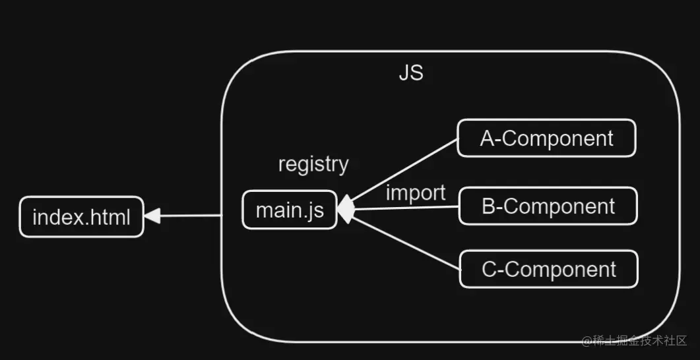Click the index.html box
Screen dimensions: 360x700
(81, 217)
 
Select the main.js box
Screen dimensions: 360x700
(290, 210)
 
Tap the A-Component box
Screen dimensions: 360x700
(546, 138)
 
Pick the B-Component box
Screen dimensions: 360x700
(548, 206)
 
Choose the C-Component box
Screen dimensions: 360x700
(548, 269)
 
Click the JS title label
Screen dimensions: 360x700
(411, 73)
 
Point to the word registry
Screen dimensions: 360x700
(313, 164)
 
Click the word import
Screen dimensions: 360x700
(416, 193)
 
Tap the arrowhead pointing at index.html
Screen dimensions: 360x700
(152, 216)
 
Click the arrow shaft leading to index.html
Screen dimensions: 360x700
(191, 215)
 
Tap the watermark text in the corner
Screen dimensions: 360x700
(634, 340)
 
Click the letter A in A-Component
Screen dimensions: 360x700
(487, 139)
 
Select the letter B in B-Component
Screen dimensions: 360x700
(489, 207)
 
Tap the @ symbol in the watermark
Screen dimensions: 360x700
(586, 341)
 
